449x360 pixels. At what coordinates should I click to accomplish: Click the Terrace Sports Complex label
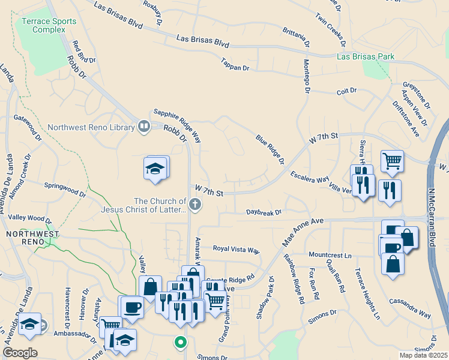(x=49, y=25)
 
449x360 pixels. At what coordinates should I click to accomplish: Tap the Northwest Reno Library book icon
(x=143, y=127)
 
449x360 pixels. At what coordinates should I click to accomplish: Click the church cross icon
(x=194, y=205)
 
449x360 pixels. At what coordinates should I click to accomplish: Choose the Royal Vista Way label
(x=237, y=249)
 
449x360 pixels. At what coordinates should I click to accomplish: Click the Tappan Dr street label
(x=235, y=67)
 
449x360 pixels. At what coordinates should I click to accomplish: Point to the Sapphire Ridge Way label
(x=176, y=121)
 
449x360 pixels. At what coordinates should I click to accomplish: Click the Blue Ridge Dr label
(x=270, y=149)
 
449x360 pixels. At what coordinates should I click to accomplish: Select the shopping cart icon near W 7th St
(x=392, y=160)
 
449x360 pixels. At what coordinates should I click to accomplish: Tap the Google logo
(x=20, y=352)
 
